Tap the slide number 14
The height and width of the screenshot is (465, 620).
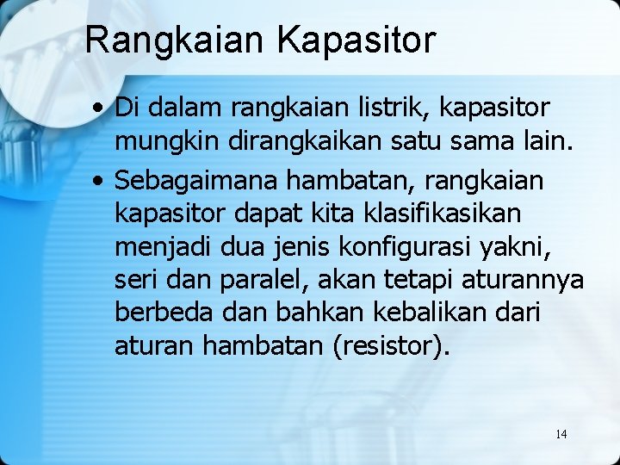561,434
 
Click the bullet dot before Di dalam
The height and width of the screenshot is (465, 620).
101,108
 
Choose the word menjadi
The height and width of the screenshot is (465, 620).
165,247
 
